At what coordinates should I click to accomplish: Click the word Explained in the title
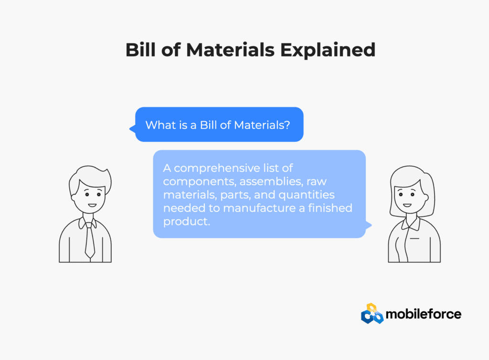(x=328, y=50)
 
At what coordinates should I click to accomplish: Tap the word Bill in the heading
(x=140, y=50)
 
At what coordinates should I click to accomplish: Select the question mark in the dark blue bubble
(x=287, y=125)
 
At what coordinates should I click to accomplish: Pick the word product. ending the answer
(x=187, y=222)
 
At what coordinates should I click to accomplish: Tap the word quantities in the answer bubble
(x=306, y=195)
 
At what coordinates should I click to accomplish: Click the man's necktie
(x=90, y=240)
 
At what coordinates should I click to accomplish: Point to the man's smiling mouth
(x=92, y=205)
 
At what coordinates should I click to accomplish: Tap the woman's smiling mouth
(x=407, y=205)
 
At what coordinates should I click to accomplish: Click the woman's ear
(x=426, y=197)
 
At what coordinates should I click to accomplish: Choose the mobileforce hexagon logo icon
(x=372, y=314)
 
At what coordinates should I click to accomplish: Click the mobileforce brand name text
(x=423, y=314)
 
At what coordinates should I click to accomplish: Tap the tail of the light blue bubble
(x=369, y=225)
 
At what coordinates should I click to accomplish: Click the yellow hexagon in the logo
(x=371, y=307)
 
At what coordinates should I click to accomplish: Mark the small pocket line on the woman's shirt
(x=415, y=239)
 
